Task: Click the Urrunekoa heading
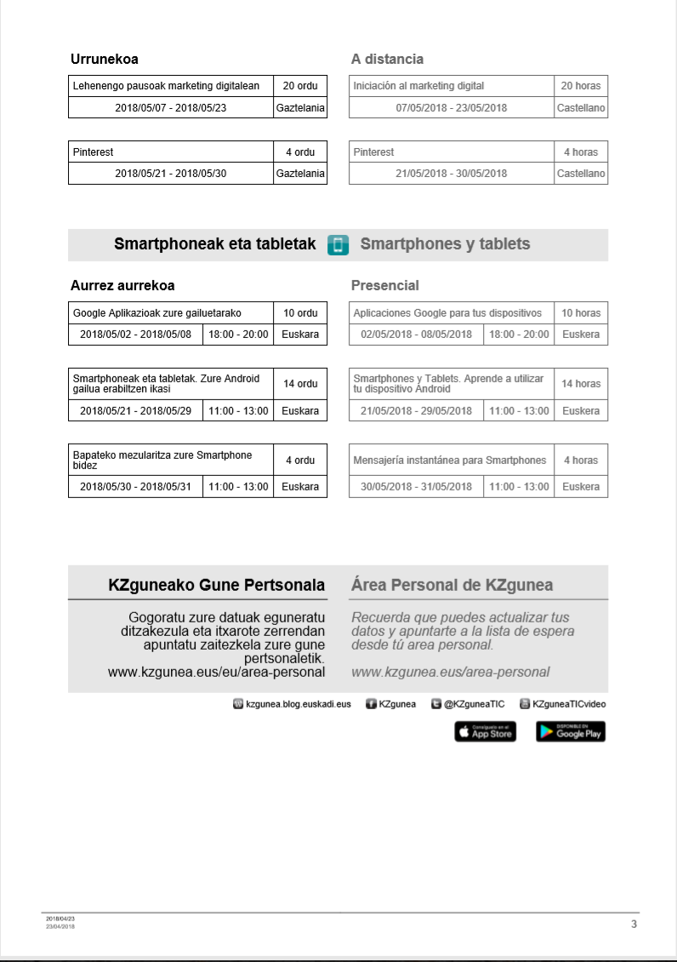104,60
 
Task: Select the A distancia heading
387,60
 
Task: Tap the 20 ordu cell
300,86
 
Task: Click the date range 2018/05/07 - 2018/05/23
171,108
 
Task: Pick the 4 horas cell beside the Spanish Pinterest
581,152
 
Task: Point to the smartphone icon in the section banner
338,245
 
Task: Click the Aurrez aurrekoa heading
122,286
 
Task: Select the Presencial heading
384,286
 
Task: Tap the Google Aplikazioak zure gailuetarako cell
157,313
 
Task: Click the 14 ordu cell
300,384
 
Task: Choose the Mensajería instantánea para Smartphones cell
450,461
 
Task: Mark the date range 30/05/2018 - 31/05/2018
416,487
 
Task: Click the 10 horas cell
581,313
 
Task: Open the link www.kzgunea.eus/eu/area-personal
216,672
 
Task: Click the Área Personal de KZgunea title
452,585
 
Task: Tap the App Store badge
485,731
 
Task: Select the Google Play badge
571,731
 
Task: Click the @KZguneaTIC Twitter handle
474,704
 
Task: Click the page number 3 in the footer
634,924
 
